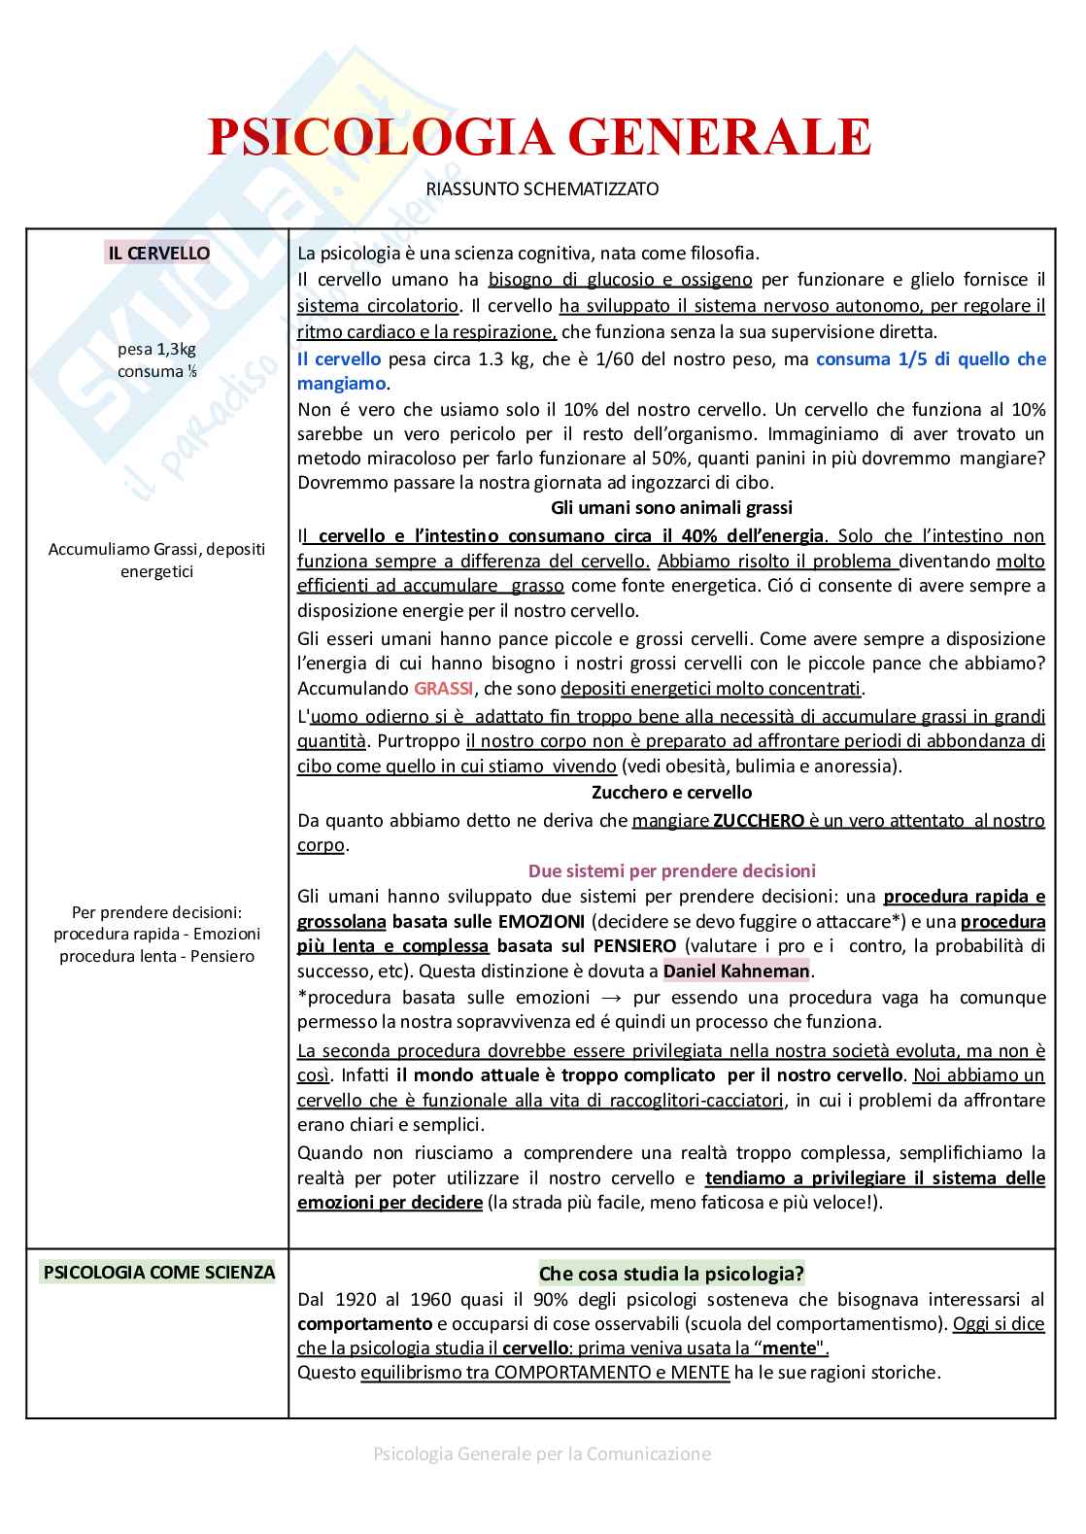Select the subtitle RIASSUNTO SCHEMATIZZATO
(542, 189)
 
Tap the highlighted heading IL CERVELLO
(158, 254)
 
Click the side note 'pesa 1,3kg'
(157, 350)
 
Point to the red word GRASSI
(443, 689)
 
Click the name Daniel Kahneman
(736, 971)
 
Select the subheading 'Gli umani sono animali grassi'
(671, 508)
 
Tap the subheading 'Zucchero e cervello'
(671, 793)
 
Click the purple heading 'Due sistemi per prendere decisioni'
(671, 870)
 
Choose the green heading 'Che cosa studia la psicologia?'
(671, 1274)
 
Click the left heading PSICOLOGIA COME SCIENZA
(159, 1272)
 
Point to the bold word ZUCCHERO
(758, 820)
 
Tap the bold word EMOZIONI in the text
(540, 921)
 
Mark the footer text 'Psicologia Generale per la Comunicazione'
(542, 1454)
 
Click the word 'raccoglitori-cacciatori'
(696, 1101)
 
